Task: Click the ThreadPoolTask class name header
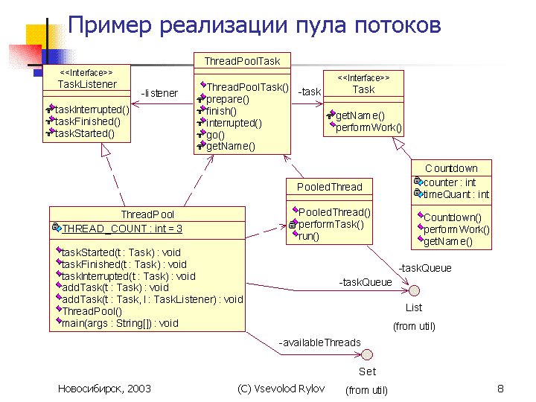click(x=242, y=61)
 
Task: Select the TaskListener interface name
click(x=87, y=84)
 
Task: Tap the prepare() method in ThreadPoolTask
click(x=228, y=99)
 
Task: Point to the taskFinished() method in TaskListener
click(x=88, y=121)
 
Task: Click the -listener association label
click(x=159, y=93)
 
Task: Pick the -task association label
click(x=310, y=92)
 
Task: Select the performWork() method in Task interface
click(x=368, y=127)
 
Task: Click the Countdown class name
click(x=451, y=168)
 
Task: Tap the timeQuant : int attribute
click(x=456, y=194)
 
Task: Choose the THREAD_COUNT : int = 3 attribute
click(x=122, y=229)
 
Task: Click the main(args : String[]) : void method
click(x=120, y=323)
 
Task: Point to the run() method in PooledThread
click(x=309, y=236)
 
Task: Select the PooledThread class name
click(x=329, y=187)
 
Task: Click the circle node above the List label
click(x=414, y=290)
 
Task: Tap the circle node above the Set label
click(x=367, y=355)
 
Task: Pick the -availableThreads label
click(x=319, y=342)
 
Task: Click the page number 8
click(x=500, y=389)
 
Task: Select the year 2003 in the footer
click(x=138, y=389)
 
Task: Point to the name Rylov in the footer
click(x=311, y=389)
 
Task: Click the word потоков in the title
click(x=398, y=25)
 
